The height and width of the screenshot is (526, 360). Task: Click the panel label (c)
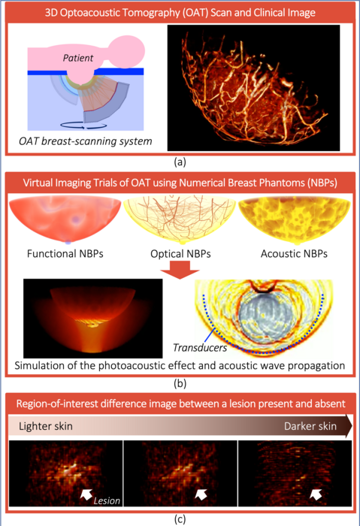(180, 517)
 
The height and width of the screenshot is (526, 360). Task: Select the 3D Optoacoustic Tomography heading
(180, 13)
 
